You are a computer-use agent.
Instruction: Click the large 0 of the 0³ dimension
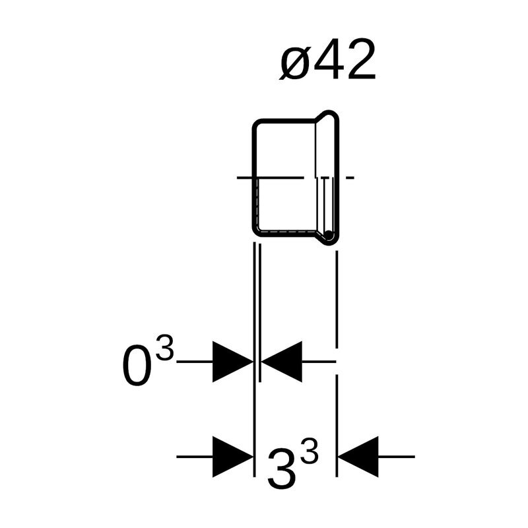coord(137,367)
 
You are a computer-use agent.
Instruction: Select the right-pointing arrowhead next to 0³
coord(231,362)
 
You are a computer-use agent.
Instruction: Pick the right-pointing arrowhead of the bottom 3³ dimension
coord(231,456)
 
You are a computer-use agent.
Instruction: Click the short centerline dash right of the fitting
coord(350,178)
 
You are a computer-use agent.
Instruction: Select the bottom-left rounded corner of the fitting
coord(258,230)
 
